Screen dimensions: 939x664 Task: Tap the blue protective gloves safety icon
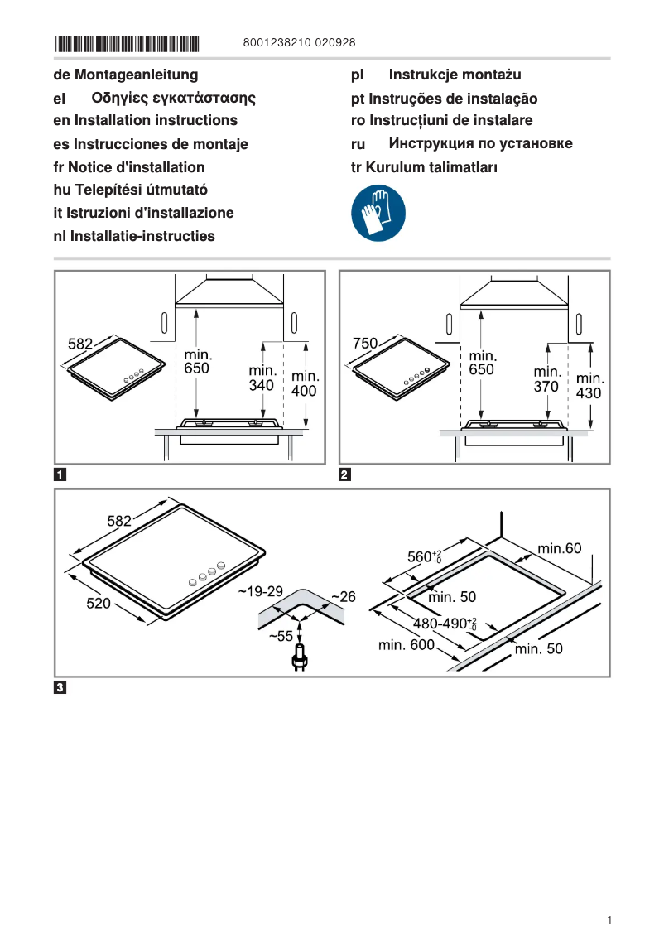pos(378,213)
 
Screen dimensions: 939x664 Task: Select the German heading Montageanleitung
pos(126,75)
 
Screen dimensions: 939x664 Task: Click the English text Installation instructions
pos(145,120)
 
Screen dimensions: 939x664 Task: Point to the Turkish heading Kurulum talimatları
pos(424,167)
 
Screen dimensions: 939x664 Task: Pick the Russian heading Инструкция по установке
pos(480,143)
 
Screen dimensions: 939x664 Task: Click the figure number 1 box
pos(60,475)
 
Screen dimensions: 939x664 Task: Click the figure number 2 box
pos(345,475)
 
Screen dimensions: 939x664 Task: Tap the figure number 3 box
pos(60,686)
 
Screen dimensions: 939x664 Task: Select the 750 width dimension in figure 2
pos(365,343)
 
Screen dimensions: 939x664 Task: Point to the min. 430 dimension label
pos(589,386)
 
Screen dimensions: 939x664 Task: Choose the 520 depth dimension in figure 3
pos(99,604)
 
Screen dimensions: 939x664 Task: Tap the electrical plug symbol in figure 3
pos(299,660)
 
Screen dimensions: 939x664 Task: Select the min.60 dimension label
pos(560,548)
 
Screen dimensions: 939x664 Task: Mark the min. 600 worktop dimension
pos(407,645)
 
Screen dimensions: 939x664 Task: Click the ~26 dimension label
pos(343,596)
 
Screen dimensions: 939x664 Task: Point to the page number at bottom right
pos(609,920)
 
